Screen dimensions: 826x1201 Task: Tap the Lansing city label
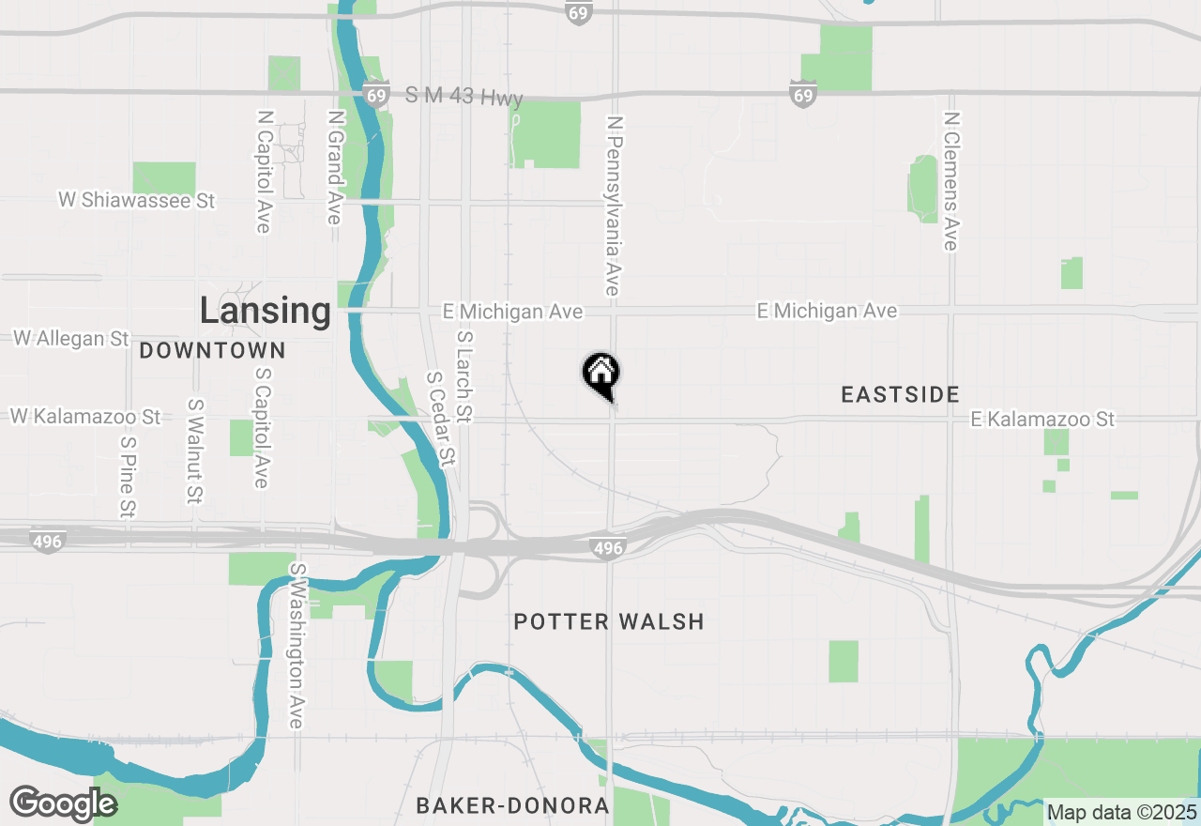point(265,311)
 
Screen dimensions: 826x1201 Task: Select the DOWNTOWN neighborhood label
point(212,351)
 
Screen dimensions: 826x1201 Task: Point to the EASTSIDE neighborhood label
point(900,394)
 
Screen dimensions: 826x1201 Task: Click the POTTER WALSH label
point(609,621)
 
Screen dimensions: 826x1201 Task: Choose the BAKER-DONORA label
point(512,805)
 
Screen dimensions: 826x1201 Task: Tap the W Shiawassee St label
point(137,200)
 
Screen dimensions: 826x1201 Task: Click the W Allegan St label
point(71,338)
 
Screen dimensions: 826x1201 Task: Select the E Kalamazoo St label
point(1043,419)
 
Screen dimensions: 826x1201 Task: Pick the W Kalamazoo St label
point(85,416)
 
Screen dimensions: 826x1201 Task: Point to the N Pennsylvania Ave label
point(615,206)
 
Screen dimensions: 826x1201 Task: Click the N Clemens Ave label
point(951,181)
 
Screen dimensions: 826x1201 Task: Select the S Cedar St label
point(441,419)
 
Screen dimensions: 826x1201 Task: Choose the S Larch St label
point(464,375)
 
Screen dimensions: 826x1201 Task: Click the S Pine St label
point(128,475)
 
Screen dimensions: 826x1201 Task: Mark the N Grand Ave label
point(335,167)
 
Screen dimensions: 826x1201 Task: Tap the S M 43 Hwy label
point(464,97)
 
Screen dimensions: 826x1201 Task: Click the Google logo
point(63,803)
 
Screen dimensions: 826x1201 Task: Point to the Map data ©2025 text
point(1121,812)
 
